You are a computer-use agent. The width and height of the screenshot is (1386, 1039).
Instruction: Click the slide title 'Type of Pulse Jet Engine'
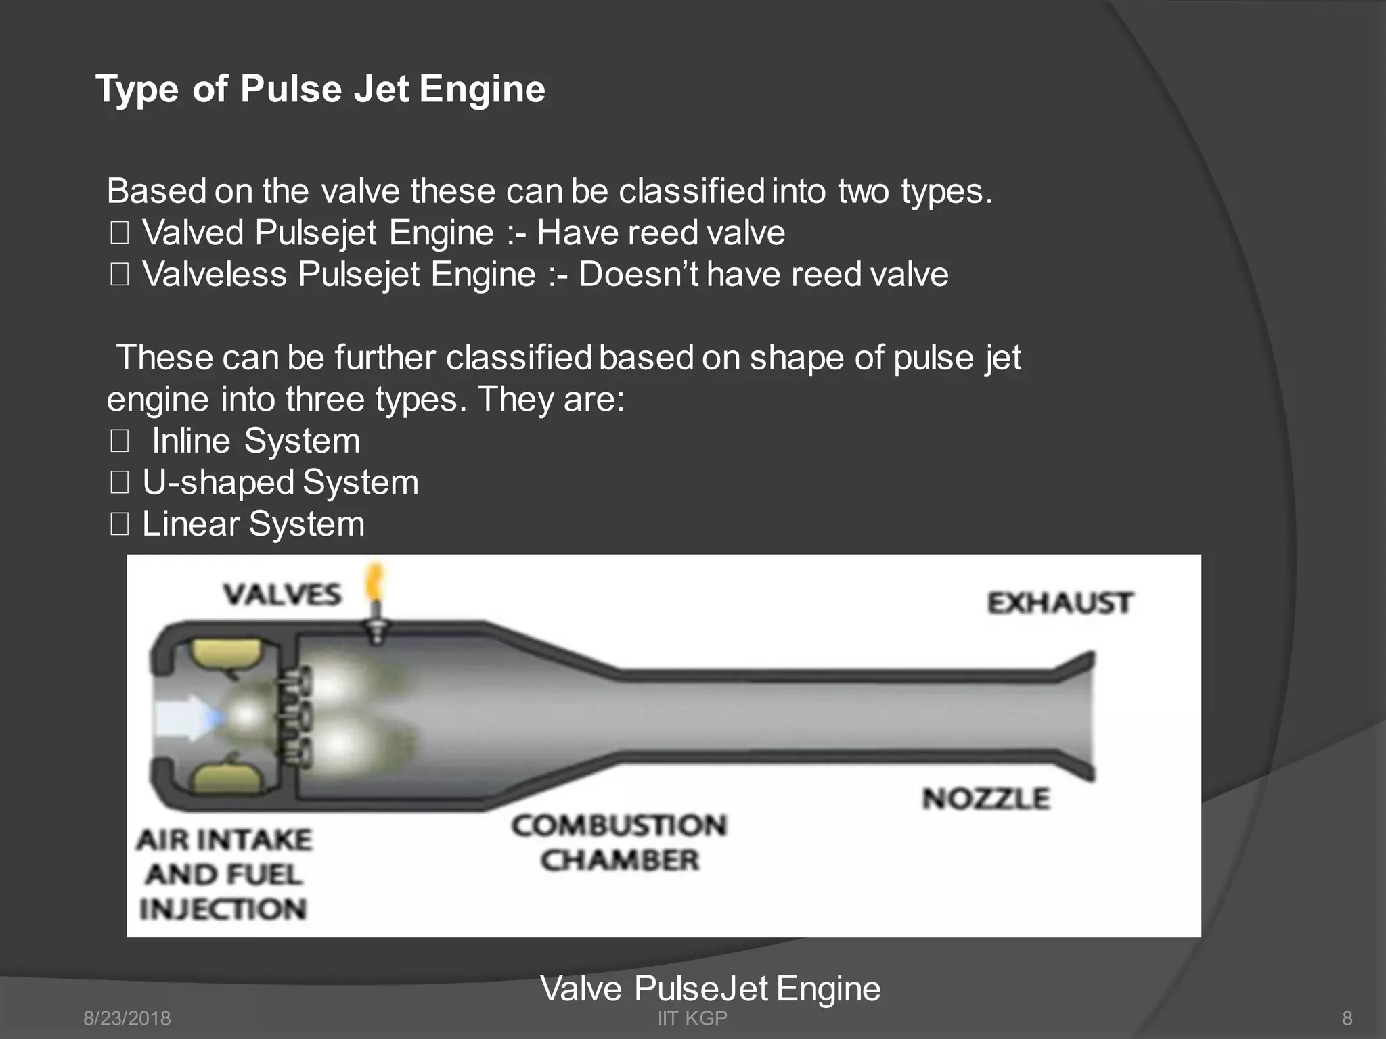point(320,89)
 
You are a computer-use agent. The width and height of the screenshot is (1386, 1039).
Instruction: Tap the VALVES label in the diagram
point(283,595)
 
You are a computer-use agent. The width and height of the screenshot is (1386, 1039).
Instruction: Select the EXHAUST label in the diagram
point(1059,603)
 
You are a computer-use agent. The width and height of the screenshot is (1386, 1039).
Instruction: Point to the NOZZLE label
point(986,799)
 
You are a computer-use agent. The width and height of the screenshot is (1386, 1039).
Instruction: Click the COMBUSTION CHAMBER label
point(619,843)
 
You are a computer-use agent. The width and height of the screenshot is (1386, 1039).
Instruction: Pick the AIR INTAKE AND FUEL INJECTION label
point(224,874)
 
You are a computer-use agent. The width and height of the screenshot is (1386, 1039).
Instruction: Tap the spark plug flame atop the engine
point(374,583)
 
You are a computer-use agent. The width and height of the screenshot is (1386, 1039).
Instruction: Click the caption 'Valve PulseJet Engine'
point(710,988)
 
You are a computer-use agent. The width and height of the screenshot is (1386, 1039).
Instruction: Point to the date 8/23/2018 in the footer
point(127,1018)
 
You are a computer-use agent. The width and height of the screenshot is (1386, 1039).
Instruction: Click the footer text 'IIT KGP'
point(692,1018)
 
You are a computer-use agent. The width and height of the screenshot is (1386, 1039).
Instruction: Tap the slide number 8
point(1347,1018)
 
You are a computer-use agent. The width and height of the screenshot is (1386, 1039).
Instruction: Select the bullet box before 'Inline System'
point(120,442)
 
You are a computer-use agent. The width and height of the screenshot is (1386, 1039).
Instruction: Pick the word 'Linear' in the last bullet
point(191,524)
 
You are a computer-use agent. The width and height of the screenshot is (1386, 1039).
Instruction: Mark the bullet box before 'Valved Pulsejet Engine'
point(120,233)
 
